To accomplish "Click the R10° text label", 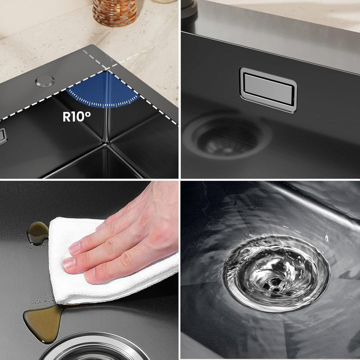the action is (76, 116).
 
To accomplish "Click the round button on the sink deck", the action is (45, 81).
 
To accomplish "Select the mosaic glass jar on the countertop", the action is (115, 12).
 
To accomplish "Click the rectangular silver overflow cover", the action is (268, 90).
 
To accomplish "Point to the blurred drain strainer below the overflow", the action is (227, 137).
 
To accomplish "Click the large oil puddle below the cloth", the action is (43, 323).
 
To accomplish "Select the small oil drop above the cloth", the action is (37, 233).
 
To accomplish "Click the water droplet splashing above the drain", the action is (326, 238).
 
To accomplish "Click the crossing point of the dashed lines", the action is (108, 69).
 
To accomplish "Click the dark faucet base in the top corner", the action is (189, 8).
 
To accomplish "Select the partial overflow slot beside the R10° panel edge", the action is (3, 136).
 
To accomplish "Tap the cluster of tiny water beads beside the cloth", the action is (42, 298).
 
